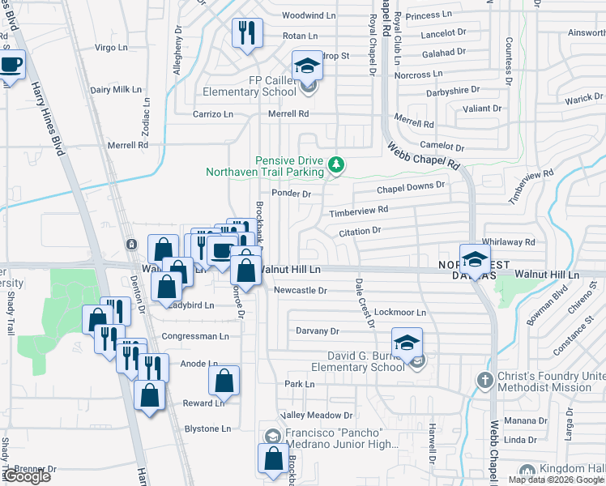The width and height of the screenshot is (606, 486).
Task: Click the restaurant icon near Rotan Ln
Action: (x=245, y=33)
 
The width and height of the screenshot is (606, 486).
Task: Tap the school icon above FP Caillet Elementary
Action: (x=307, y=64)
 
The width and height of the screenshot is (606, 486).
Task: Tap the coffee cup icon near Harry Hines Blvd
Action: (x=11, y=64)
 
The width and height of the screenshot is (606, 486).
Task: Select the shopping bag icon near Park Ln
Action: (x=224, y=380)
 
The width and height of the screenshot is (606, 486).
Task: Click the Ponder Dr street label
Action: (x=292, y=194)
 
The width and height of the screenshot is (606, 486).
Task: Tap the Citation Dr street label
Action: (x=359, y=231)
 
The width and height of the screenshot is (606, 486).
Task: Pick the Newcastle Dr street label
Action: (x=300, y=290)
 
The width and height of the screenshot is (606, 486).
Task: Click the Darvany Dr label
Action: (x=317, y=330)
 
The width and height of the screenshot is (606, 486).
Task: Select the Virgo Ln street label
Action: (x=112, y=48)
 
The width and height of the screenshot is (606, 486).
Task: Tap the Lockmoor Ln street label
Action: (x=400, y=312)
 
